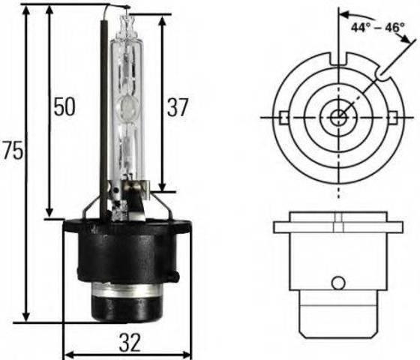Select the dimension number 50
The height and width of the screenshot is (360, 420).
click(x=64, y=107)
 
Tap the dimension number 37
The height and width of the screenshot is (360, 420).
click(x=178, y=107)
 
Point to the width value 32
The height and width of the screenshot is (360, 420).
click(x=130, y=343)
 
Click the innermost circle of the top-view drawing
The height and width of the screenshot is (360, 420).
click(x=339, y=117)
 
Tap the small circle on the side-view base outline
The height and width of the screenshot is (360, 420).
click(x=339, y=283)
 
